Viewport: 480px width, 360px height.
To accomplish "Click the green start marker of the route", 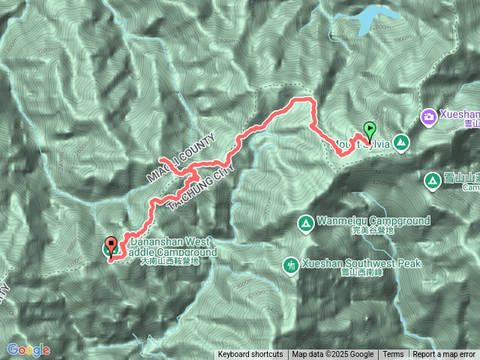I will tap(368, 130).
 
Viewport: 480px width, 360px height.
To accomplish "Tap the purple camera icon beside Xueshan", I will tap(428, 116).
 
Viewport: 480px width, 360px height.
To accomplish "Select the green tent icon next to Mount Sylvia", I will tap(402, 142).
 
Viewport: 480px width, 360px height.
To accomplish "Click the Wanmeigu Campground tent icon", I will tap(306, 223).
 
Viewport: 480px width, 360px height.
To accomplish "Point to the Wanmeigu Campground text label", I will tap(373, 221).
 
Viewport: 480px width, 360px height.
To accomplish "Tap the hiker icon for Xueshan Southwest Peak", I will tap(290, 265).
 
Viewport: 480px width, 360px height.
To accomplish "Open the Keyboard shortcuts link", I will tap(250, 355).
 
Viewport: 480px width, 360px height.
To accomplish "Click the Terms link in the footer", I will tap(393, 355).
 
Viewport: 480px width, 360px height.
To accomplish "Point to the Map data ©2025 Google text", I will tap(333, 355).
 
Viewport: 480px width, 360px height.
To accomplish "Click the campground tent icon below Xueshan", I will tap(433, 181).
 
